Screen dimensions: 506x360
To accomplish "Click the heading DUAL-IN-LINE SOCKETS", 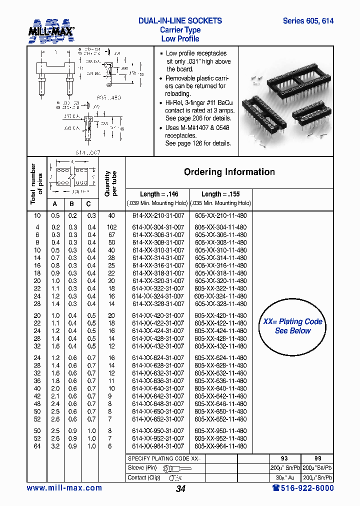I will pyautogui.click(x=180, y=21).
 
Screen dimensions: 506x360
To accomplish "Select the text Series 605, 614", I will pyautogui.click(x=308, y=21).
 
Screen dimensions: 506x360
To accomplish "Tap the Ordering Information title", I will pyautogui.click(x=229, y=172).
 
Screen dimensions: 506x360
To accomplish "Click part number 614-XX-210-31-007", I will pyautogui.click(x=158, y=215).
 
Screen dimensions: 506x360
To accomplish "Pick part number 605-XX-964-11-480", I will pyautogui.click(x=220, y=446).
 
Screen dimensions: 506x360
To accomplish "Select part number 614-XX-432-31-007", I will pyautogui.click(x=158, y=346).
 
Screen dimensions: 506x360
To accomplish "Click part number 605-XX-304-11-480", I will pyautogui.click(x=220, y=227).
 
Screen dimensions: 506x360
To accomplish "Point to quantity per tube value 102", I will pyautogui.click(x=111, y=227).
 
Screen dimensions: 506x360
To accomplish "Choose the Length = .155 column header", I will pyautogui.click(x=220, y=194).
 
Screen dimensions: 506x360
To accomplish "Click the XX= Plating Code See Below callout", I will pyautogui.click(x=292, y=326).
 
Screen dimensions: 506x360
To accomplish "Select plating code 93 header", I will pyautogui.click(x=285, y=458).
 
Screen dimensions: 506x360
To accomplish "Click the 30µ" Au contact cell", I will pyautogui.click(x=285, y=477).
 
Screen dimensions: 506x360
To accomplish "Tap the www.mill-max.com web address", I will pyautogui.click(x=64, y=488).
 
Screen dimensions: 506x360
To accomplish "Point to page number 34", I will pyautogui.click(x=180, y=489).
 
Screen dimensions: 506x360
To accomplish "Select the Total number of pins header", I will pyautogui.click(x=36, y=184).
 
